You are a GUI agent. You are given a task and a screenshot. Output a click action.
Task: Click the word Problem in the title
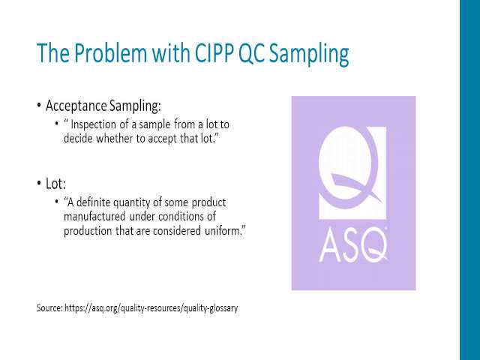(110, 53)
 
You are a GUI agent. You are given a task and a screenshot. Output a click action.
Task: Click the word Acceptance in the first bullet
(76, 106)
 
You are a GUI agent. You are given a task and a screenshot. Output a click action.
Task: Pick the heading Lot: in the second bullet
(55, 184)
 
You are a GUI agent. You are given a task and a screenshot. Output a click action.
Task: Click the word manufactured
(94, 217)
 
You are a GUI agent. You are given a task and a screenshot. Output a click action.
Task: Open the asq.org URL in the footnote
(151, 308)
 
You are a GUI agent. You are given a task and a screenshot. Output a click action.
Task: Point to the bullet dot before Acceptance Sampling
(39, 105)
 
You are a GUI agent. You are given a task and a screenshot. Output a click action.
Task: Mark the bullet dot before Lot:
(39, 183)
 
